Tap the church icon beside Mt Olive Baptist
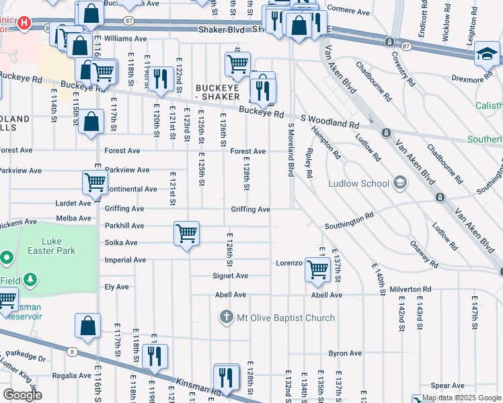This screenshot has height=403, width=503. pyautogui.click(x=227, y=316)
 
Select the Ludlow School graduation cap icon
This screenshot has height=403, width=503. pyautogui.click(x=400, y=183)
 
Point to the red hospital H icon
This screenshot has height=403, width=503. pyautogui.click(x=25, y=23)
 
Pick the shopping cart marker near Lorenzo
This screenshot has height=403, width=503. pyautogui.click(x=317, y=269)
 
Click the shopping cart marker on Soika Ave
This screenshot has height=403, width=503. pyautogui.click(x=186, y=234)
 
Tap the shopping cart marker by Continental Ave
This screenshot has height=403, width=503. pyautogui.click(x=95, y=182)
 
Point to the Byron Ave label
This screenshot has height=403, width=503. pyautogui.click(x=345, y=353)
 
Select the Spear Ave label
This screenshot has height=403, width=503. pyautogui.click(x=448, y=386)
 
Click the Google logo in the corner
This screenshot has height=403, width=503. pyautogui.click(x=22, y=395)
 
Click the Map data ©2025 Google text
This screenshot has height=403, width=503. pyautogui.click(x=461, y=398)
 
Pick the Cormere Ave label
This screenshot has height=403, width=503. pyautogui.click(x=348, y=12)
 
